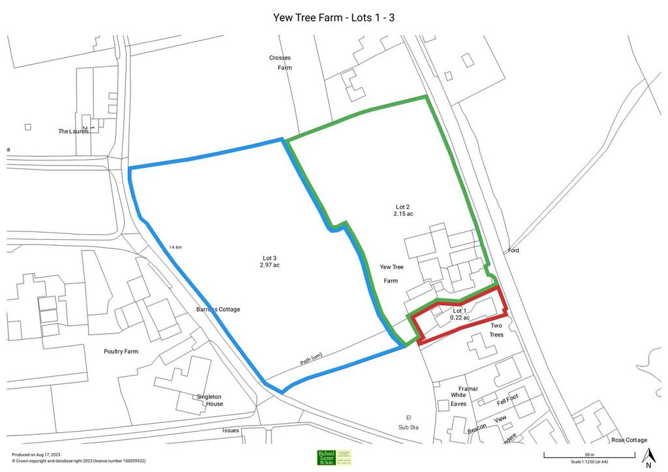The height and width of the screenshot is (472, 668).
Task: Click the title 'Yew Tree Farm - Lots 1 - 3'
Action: (x=333, y=17)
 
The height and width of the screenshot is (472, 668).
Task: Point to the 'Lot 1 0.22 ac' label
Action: (x=460, y=314)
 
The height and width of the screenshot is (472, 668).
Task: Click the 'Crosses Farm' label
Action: (x=280, y=63)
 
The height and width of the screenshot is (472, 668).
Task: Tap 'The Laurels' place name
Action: (x=73, y=131)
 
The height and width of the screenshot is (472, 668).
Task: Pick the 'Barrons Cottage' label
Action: (x=218, y=309)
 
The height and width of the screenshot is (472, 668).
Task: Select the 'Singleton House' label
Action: (x=210, y=400)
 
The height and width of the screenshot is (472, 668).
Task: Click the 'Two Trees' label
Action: (x=496, y=330)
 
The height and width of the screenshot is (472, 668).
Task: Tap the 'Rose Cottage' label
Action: (x=629, y=440)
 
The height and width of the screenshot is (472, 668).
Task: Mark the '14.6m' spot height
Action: (x=175, y=248)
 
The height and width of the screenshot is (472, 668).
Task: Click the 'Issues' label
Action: (x=231, y=430)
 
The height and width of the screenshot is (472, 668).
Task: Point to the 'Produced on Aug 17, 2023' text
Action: (x=37, y=454)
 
